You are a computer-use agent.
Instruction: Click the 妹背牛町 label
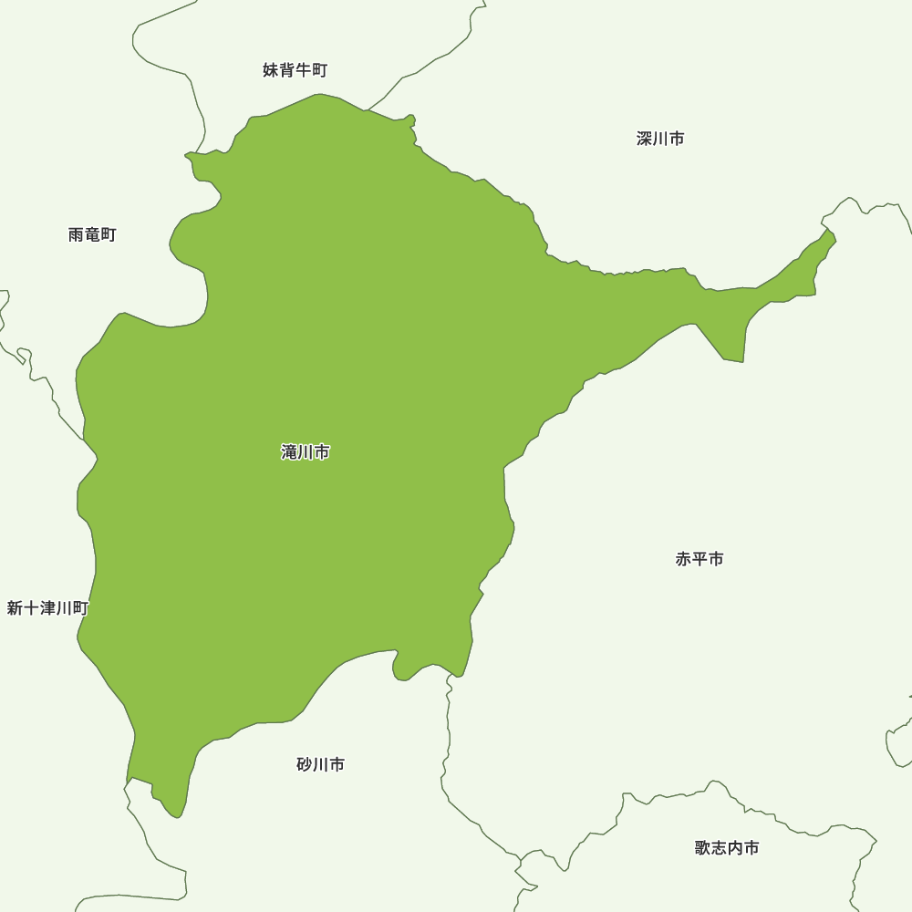pyautogui.click(x=295, y=70)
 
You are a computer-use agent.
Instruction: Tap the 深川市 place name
pyautogui.click(x=660, y=139)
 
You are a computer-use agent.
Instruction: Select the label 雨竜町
pyautogui.click(x=92, y=234)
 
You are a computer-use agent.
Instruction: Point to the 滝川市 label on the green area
pyautogui.click(x=306, y=451)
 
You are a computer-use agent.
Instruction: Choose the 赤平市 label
pyautogui.click(x=700, y=559)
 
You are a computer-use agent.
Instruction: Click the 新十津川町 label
pyautogui.click(x=47, y=608)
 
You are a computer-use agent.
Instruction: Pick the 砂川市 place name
pyautogui.click(x=320, y=765)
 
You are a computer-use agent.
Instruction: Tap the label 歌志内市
pyautogui.click(x=726, y=848)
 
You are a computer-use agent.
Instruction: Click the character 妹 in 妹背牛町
pyautogui.click(x=271, y=70)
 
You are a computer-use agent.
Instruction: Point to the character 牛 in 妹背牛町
pyautogui.click(x=303, y=70)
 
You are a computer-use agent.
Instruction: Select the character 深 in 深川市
pyautogui.click(x=645, y=139)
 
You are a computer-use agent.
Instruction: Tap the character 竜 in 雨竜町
pyautogui.click(x=92, y=234)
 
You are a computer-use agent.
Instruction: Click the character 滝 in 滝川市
pyautogui.click(x=290, y=451)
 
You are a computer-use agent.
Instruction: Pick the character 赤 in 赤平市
pyautogui.click(x=684, y=559)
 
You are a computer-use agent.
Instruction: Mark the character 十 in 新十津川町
pyautogui.click(x=31, y=608)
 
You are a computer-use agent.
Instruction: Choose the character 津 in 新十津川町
pyautogui.click(x=47, y=608)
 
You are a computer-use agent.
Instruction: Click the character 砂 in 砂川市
pyautogui.click(x=305, y=765)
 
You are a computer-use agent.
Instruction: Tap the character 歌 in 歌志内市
pyautogui.click(x=702, y=848)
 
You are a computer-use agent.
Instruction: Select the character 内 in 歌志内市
pyautogui.click(x=734, y=848)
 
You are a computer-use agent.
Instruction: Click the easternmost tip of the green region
pyautogui.click(x=835, y=239)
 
